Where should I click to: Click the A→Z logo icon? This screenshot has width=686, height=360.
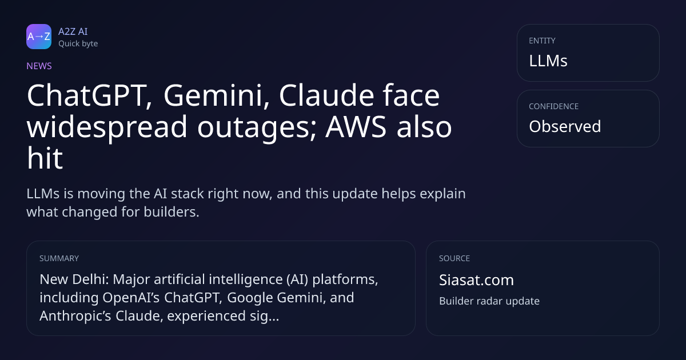point(39,37)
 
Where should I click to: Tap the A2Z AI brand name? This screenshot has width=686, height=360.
point(73,31)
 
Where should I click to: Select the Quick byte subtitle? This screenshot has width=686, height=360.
point(78,44)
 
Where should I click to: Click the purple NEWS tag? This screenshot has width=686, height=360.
point(39,66)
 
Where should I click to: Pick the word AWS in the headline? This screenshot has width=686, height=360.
point(356,127)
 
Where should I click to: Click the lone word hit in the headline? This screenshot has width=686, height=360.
point(45,158)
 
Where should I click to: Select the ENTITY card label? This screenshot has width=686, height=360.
point(542,41)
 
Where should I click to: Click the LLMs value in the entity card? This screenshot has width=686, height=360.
point(548,61)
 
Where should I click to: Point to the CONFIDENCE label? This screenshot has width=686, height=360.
point(554,106)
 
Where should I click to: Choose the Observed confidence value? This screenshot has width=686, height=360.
point(565,126)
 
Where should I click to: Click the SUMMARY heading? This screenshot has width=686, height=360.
point(59,258)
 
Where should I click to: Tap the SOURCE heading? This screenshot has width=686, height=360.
point(454,258)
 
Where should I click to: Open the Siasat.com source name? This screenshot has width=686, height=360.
point(477,280)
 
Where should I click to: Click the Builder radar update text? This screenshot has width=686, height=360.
point(489,301)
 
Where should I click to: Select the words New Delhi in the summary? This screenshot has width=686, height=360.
point(74,279)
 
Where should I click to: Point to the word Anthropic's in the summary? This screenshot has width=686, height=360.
point(75,316)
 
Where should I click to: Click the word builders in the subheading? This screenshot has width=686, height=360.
point(171,212)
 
